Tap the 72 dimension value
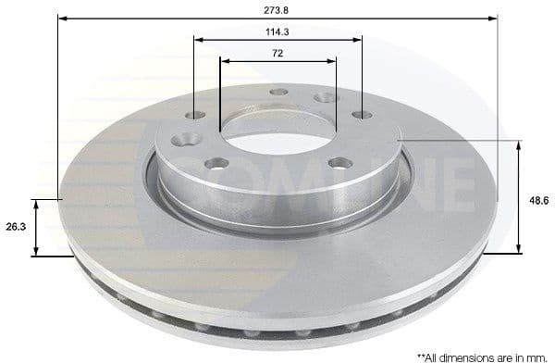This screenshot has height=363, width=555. (x=278, y=53)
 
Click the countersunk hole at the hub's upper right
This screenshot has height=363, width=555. (x=325, y=99)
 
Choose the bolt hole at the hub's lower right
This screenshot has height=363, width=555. (x=336, y=163)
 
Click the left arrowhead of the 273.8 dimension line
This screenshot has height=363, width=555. (x=65, y=17)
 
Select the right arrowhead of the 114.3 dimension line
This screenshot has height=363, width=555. (x=358, y=40)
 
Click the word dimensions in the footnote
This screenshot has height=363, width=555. (x=466, y=355)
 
